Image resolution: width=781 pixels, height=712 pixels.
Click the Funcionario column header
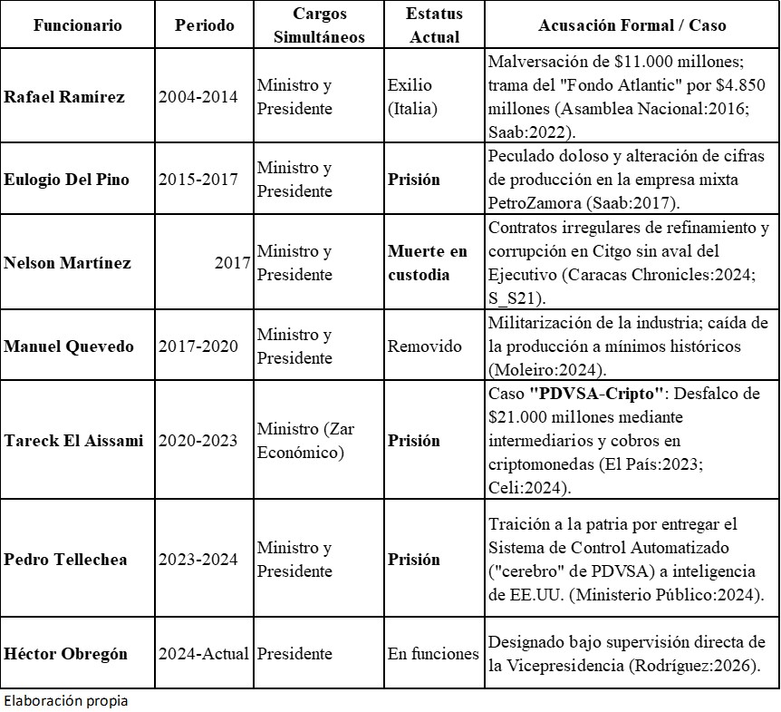click(78, 25)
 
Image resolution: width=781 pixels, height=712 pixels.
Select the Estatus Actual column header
click(434, 25)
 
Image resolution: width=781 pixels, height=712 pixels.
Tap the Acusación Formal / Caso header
click(632, 25)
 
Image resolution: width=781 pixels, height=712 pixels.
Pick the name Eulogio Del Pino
click(66, 180)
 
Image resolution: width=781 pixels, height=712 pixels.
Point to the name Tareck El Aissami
click(73, 441)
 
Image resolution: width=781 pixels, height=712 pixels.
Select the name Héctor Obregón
click(65, 654)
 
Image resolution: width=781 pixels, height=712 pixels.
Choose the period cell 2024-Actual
click(203, 654)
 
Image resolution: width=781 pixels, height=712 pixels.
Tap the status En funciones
click(433, 654)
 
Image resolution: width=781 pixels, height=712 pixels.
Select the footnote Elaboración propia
click(65, 701)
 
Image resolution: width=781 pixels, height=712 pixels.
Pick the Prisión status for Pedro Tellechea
click(414, 560)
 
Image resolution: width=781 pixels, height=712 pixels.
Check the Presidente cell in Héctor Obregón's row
click(294, 654)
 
